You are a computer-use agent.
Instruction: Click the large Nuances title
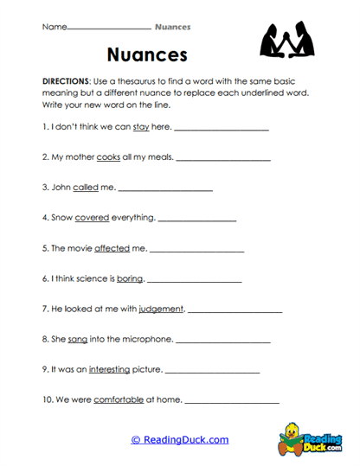click(x=147, y=55)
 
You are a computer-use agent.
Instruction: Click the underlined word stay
click(x=141, y=126)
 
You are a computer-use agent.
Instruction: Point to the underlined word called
click(x=85, y=187)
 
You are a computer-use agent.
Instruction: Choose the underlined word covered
click(x=92, y=218)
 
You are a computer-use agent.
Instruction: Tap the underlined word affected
click(x=112, y=248)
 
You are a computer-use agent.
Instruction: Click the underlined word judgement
click(x=160, y=309)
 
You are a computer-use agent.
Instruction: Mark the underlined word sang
click(x=78, y=339)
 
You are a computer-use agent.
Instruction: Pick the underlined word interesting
click(x=109, y=369)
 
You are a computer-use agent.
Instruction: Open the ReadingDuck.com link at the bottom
click(x=180, y=440)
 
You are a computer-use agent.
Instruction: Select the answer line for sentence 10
click(x=232, y=403)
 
